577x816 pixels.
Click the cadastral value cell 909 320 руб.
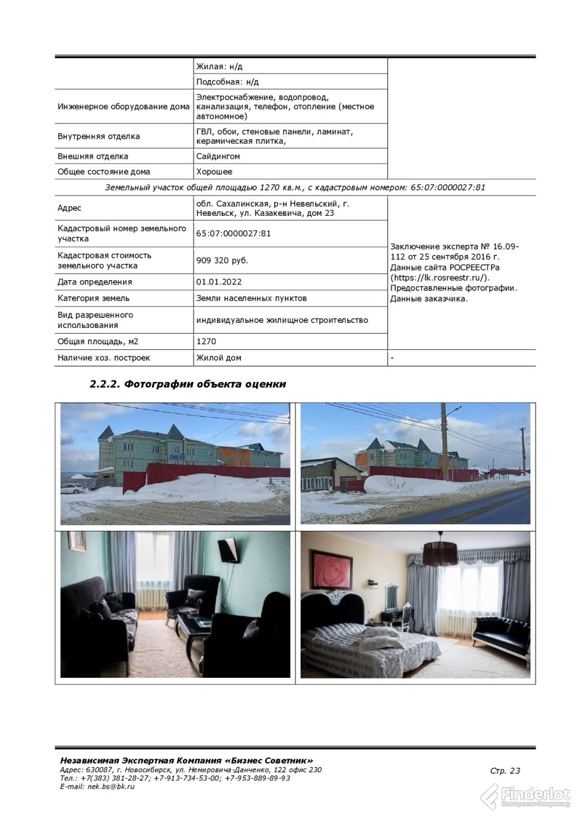[222, 260]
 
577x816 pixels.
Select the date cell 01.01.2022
[219, 282]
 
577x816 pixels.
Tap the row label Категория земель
[94, 298]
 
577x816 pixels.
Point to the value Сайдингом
[218, 156]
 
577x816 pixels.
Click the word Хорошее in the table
[214, 172]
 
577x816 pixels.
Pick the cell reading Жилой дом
[219, 358]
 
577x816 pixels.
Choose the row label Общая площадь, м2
[98, 342]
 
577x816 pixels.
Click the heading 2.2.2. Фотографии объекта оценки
[188, 384]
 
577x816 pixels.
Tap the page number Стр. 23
[505, 771]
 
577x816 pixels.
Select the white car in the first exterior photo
[73, 488]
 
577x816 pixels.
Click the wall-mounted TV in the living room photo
[228, 549]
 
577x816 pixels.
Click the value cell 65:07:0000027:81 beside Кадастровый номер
[233, 233]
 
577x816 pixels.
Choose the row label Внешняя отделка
[93, 156]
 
